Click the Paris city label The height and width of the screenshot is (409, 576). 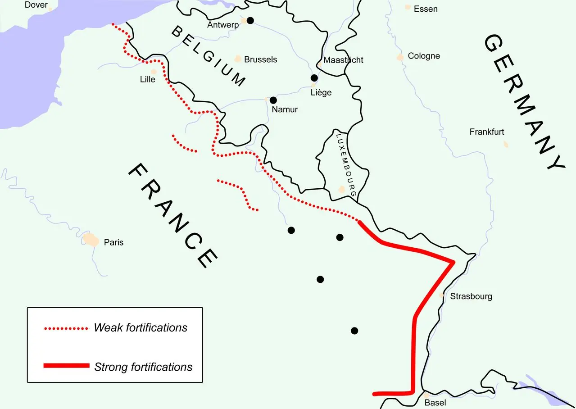(113, 242)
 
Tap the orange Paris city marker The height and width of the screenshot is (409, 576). (91, 239)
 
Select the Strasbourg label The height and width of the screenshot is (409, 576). (471, 296)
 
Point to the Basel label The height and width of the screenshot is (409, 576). (435, 403)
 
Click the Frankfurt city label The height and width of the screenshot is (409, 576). (487, 132)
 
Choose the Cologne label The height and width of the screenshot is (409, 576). (424, 56)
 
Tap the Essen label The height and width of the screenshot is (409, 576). (426, 9)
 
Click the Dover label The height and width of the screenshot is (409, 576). (36, 5)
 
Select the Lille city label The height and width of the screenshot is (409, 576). (148, 80)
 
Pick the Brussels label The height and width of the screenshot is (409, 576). (260, 59)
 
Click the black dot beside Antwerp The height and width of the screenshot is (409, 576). (250, 20)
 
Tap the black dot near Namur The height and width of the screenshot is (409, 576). (273, 100)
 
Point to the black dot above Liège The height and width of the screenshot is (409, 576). (314, 78)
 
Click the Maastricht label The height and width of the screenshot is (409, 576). (343, 60)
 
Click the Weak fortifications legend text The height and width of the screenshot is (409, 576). (141, 327)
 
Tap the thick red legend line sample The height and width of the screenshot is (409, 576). (66, 365)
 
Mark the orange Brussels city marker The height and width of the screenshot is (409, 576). (238, 59)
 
